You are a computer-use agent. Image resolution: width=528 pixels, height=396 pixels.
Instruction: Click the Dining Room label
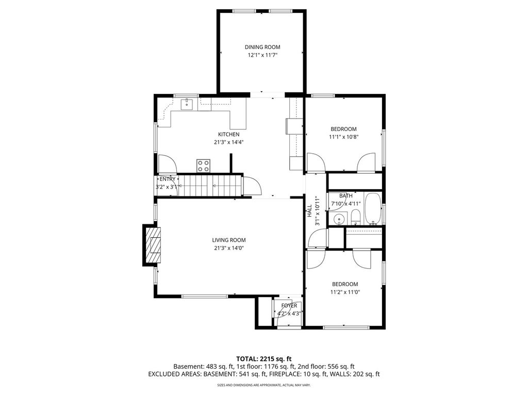tap(262, 47)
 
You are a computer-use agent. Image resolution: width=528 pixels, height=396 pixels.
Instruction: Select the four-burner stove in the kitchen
tap(203, 166)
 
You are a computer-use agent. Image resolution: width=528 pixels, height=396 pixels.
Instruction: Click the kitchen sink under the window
tap(186, 104)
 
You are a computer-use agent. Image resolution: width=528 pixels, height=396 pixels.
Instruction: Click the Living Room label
tap(228, 240)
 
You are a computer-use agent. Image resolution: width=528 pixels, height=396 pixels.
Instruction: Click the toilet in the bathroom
tap(355, 219)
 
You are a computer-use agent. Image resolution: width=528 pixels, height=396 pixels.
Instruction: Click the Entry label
tap(167, 179)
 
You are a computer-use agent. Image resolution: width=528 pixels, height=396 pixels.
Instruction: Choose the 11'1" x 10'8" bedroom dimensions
tap(343, 137)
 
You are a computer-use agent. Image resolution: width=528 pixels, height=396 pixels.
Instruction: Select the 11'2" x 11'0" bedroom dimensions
tap(344, 292)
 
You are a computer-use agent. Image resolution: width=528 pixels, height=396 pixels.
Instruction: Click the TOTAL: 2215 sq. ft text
tap(263, 358)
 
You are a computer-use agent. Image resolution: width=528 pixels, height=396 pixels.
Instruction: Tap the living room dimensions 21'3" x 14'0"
tap(228, 247)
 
